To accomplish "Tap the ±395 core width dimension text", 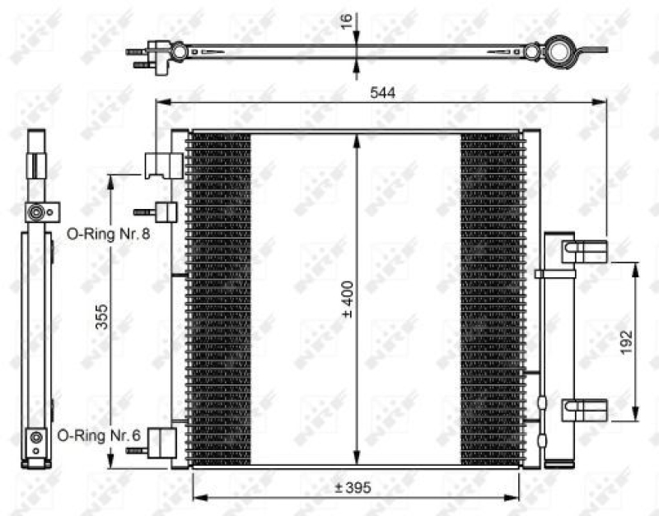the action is point(353,488).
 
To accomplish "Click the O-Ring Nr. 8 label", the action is point(108,234).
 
